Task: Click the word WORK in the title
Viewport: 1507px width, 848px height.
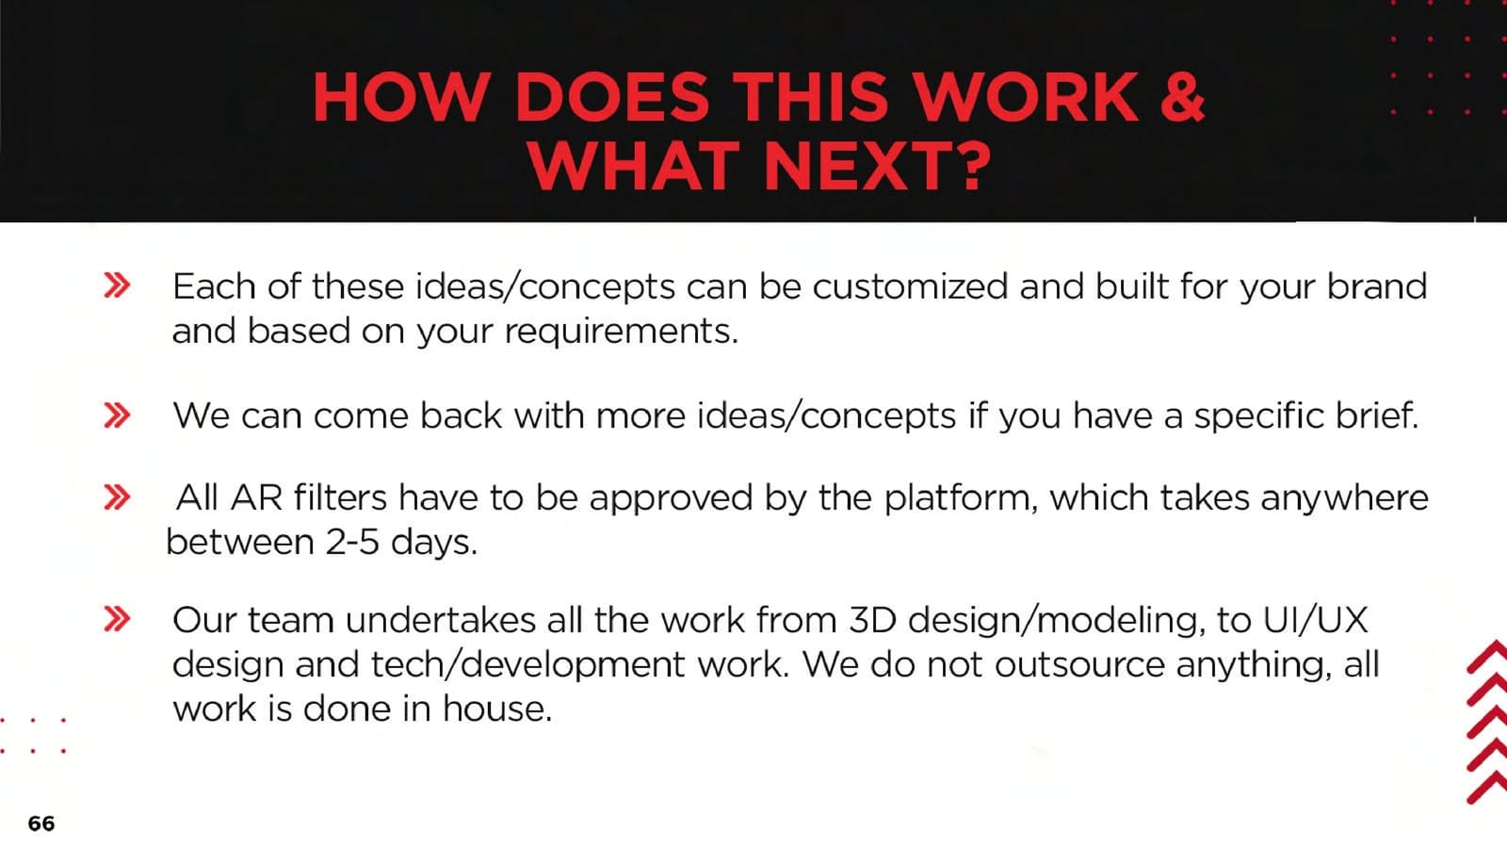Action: tap(1027, 98)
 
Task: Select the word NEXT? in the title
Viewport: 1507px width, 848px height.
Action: tap(878, 166)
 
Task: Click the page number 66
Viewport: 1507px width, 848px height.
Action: tap(41, 824)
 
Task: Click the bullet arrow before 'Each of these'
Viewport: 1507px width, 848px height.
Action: tap(117, 285)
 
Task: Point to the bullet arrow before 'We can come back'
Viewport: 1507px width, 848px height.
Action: tap(117, 416)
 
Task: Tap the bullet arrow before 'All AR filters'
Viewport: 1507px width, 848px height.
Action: tap(117, 497)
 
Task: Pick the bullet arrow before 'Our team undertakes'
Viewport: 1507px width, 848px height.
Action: tap(117, 619)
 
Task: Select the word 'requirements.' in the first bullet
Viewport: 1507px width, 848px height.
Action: tap(621, 331)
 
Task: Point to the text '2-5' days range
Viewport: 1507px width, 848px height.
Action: tap(352, 542)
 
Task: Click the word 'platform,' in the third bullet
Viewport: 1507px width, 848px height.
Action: tap(961, 498)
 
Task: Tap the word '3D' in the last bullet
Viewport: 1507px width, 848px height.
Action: tap(872, 620)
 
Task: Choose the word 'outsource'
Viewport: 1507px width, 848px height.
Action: tap(1079, 665)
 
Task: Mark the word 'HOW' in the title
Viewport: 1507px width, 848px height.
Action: tap(400, 98)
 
